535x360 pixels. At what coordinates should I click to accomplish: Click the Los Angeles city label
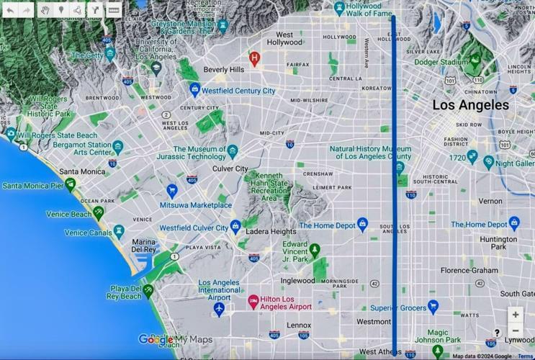pyautogui.click(x=470, y=105)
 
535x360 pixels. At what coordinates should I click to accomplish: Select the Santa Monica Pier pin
pyautogui.click(x=71, y=185)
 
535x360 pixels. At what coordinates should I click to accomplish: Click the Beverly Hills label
pyautogui.click(x=224, y=69)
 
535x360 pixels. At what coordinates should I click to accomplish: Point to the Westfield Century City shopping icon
pyautogui.click(x=194, y=91)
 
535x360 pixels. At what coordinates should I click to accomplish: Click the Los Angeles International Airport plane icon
pyautogui.click(x=219, y=308)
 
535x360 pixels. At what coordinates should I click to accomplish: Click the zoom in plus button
pyautogui.click(x=516, y=315)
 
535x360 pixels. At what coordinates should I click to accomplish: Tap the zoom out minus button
pyautogui.click(x=516, y=331)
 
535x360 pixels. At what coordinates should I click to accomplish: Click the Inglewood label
pyautogui.click(x=297, y=280)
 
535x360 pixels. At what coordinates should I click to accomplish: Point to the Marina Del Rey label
pyautogui.click(x=144, y=246)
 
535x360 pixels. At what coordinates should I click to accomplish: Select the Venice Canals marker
pyautogui.click(x=119, y=232)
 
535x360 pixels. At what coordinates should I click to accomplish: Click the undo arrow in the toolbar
pyautogui.click(x=10, y=10)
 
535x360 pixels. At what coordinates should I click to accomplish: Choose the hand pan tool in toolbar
pyautogui.click(x=45, y=10)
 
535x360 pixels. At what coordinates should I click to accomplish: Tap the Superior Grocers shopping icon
pyautogui.click(x=433, y=307)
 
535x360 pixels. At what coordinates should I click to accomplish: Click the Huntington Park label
pyautogui.click(x=498, y=243)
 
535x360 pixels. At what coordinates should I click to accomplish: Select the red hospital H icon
pyautogui.click(x=253, y=57)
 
